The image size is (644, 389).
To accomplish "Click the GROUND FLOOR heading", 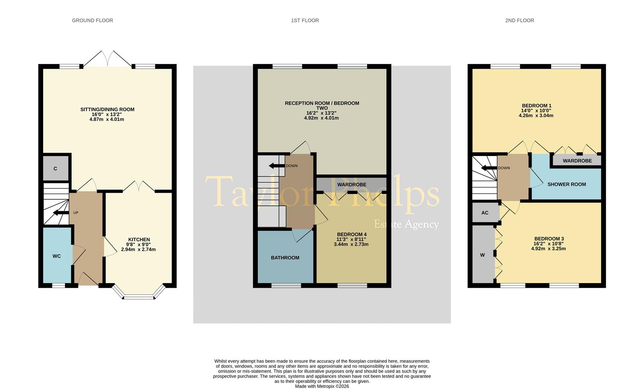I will click(93, 21).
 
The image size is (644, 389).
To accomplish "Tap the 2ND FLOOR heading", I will click(519, 21).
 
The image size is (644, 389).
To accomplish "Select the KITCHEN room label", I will click(139, 240).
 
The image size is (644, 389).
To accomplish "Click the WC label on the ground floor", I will click(57, 256).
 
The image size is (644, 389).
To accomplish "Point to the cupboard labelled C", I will click(55, 169).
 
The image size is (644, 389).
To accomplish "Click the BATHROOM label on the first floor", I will click(285, 258).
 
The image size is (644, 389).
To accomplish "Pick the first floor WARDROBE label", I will click(352, 184).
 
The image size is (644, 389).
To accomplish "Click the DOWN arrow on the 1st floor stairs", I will click(276, 166).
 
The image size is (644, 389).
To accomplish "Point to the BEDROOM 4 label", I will click(351, 234).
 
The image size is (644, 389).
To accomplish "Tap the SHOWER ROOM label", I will click(566, 184).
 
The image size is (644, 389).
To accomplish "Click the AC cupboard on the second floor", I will click(485, 213).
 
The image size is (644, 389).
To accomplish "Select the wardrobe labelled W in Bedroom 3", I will click(483, 255).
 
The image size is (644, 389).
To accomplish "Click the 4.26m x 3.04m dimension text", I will click(536, 116).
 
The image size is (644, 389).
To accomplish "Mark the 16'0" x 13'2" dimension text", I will click(107, 114).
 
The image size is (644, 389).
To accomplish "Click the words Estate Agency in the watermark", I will click(406, 224).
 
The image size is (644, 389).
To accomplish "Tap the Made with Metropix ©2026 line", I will click(322, 386).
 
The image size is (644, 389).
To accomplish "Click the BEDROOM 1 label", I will click(536, 106).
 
